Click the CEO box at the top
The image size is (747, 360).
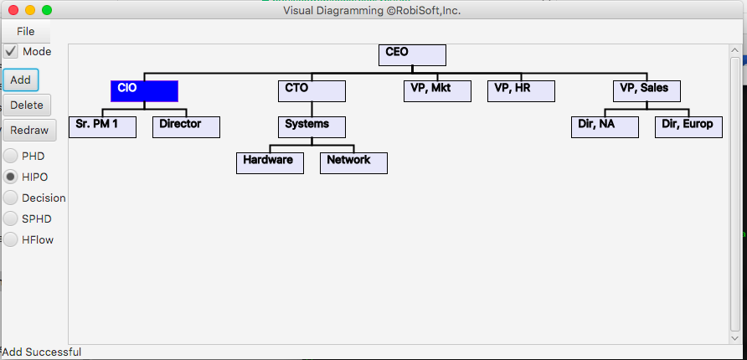click(x=412, y=54)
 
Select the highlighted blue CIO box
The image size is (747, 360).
click(x=144, y=90)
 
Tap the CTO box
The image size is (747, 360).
click(x=312, y=90)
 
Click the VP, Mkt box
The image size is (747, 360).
click(x=437, y=90)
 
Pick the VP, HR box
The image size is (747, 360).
click(x=521, y=90)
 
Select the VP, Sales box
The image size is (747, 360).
click(x=647, y=90)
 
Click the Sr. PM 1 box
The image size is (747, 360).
click(x=102, y=127)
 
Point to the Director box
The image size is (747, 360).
click(x=186, y=127)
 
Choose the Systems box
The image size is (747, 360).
click(x=312, y=127)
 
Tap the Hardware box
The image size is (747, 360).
click(x=270, y=162)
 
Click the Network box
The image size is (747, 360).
click(x=353, y=162)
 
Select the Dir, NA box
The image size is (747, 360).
click(x=605, y=127)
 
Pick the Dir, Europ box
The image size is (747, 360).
click(x=688, y=127)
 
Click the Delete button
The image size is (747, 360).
click(x=27, y=105)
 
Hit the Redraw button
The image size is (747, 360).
click(x=29, y=130)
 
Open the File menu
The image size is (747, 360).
click(x=26, y=31)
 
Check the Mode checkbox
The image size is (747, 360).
click(x=11, y=51)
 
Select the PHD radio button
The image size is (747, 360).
click(x=11, y=156)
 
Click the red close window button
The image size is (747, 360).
click(x=13, y=10)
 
